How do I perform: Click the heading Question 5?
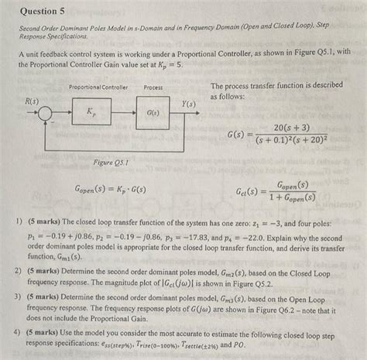(44, 12)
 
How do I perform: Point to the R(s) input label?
(33, 101)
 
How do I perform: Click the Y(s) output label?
(188, 104)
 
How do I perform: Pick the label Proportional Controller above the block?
(98, 87)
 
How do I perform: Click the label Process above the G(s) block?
(153, 87)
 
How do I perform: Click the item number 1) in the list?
(20, 221)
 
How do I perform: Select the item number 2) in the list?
(20, 272)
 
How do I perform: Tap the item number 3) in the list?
(20, 297)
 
